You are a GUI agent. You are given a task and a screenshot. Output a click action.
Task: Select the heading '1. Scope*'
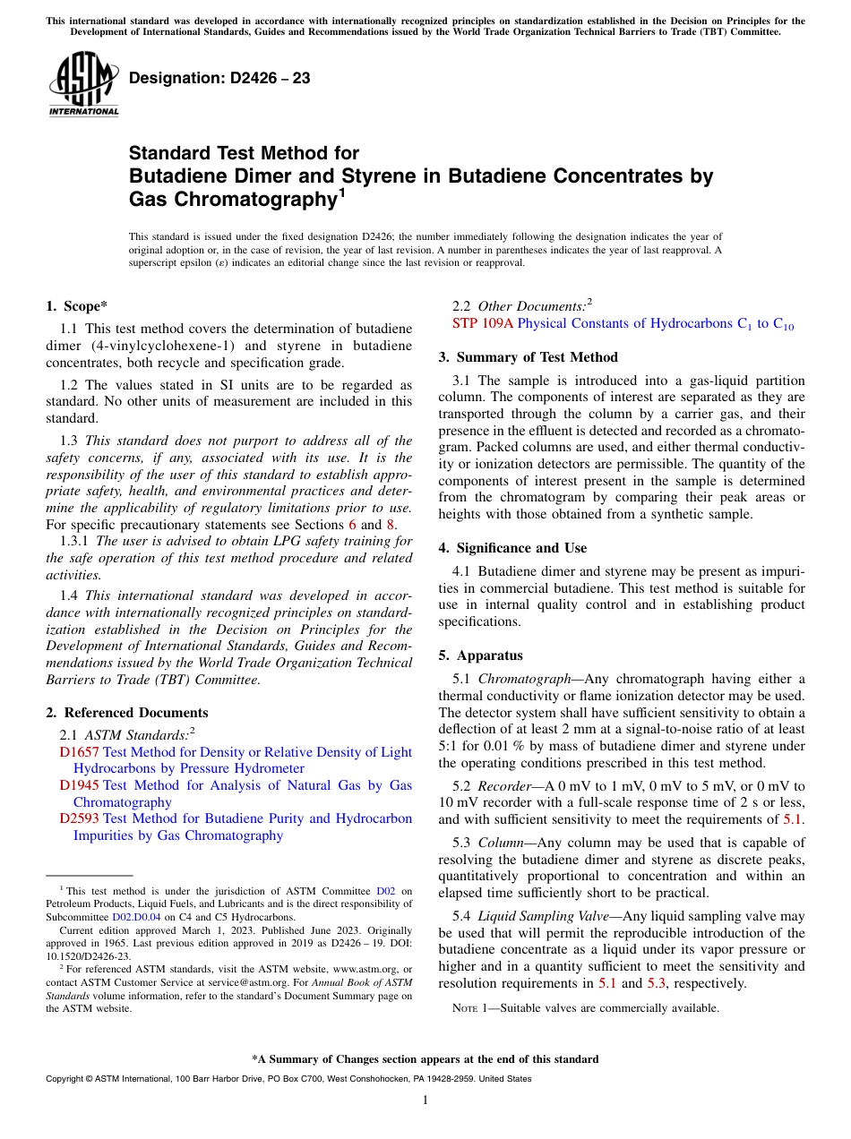coord(77,305)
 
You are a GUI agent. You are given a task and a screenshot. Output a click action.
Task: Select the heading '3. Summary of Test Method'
coord(528,356)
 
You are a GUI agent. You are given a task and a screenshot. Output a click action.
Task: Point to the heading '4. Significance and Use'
coord(512,547)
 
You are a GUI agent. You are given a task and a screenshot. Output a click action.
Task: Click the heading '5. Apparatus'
coord(480,655)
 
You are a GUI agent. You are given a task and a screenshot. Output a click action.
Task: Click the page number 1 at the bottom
coord(425,1100)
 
